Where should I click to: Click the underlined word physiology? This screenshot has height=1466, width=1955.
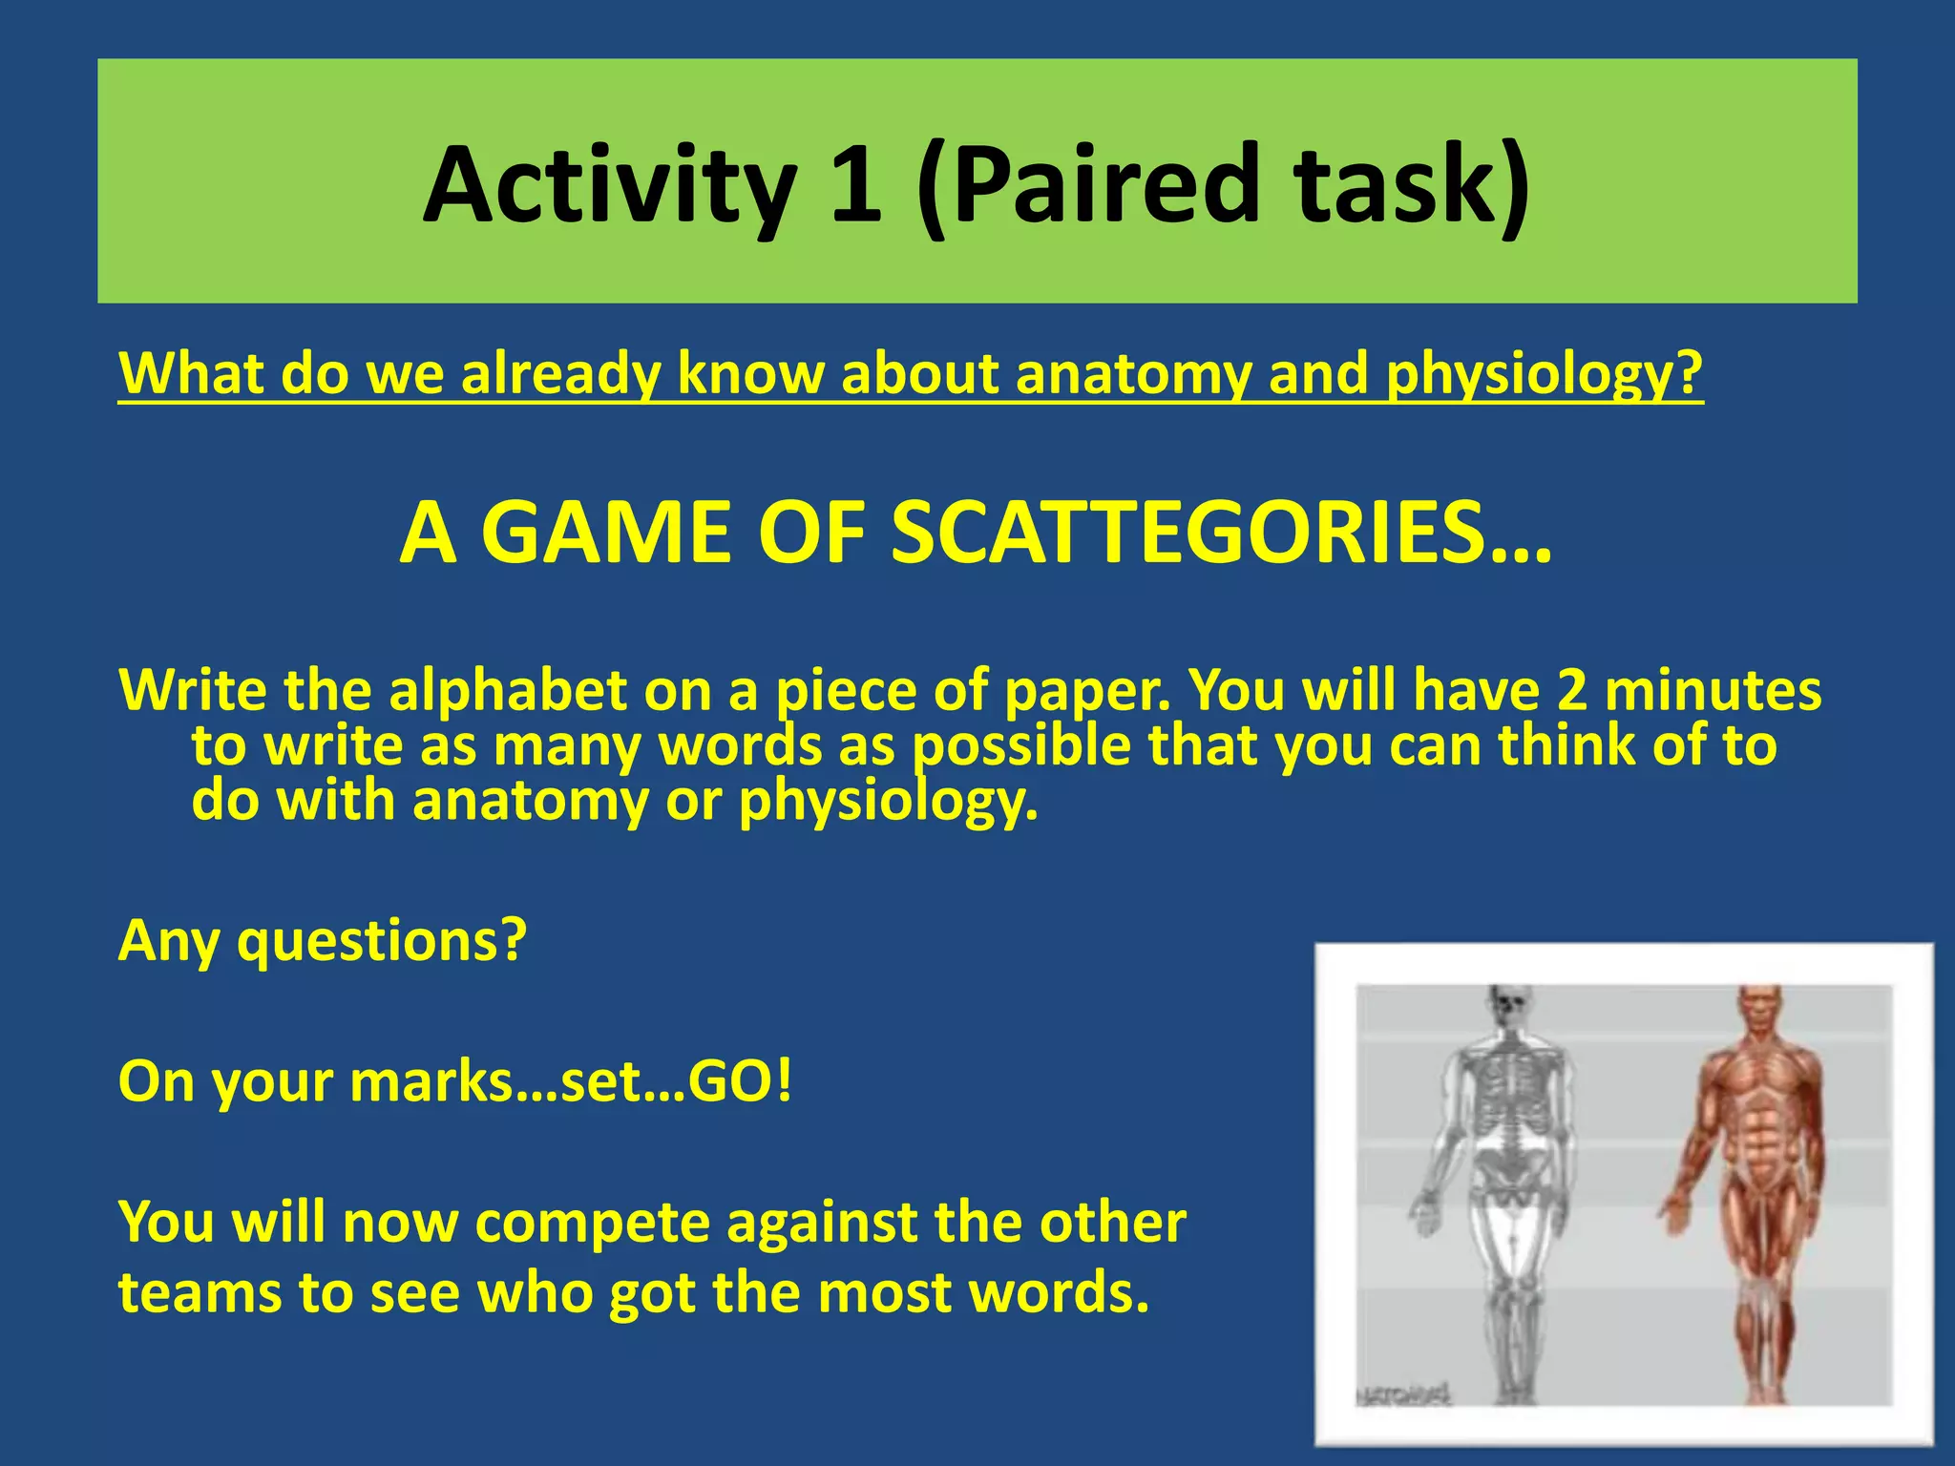pyautogui.click(x=1544, y=373)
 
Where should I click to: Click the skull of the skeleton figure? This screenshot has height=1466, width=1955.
pyautogui.click(x=1508, y=1007)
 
